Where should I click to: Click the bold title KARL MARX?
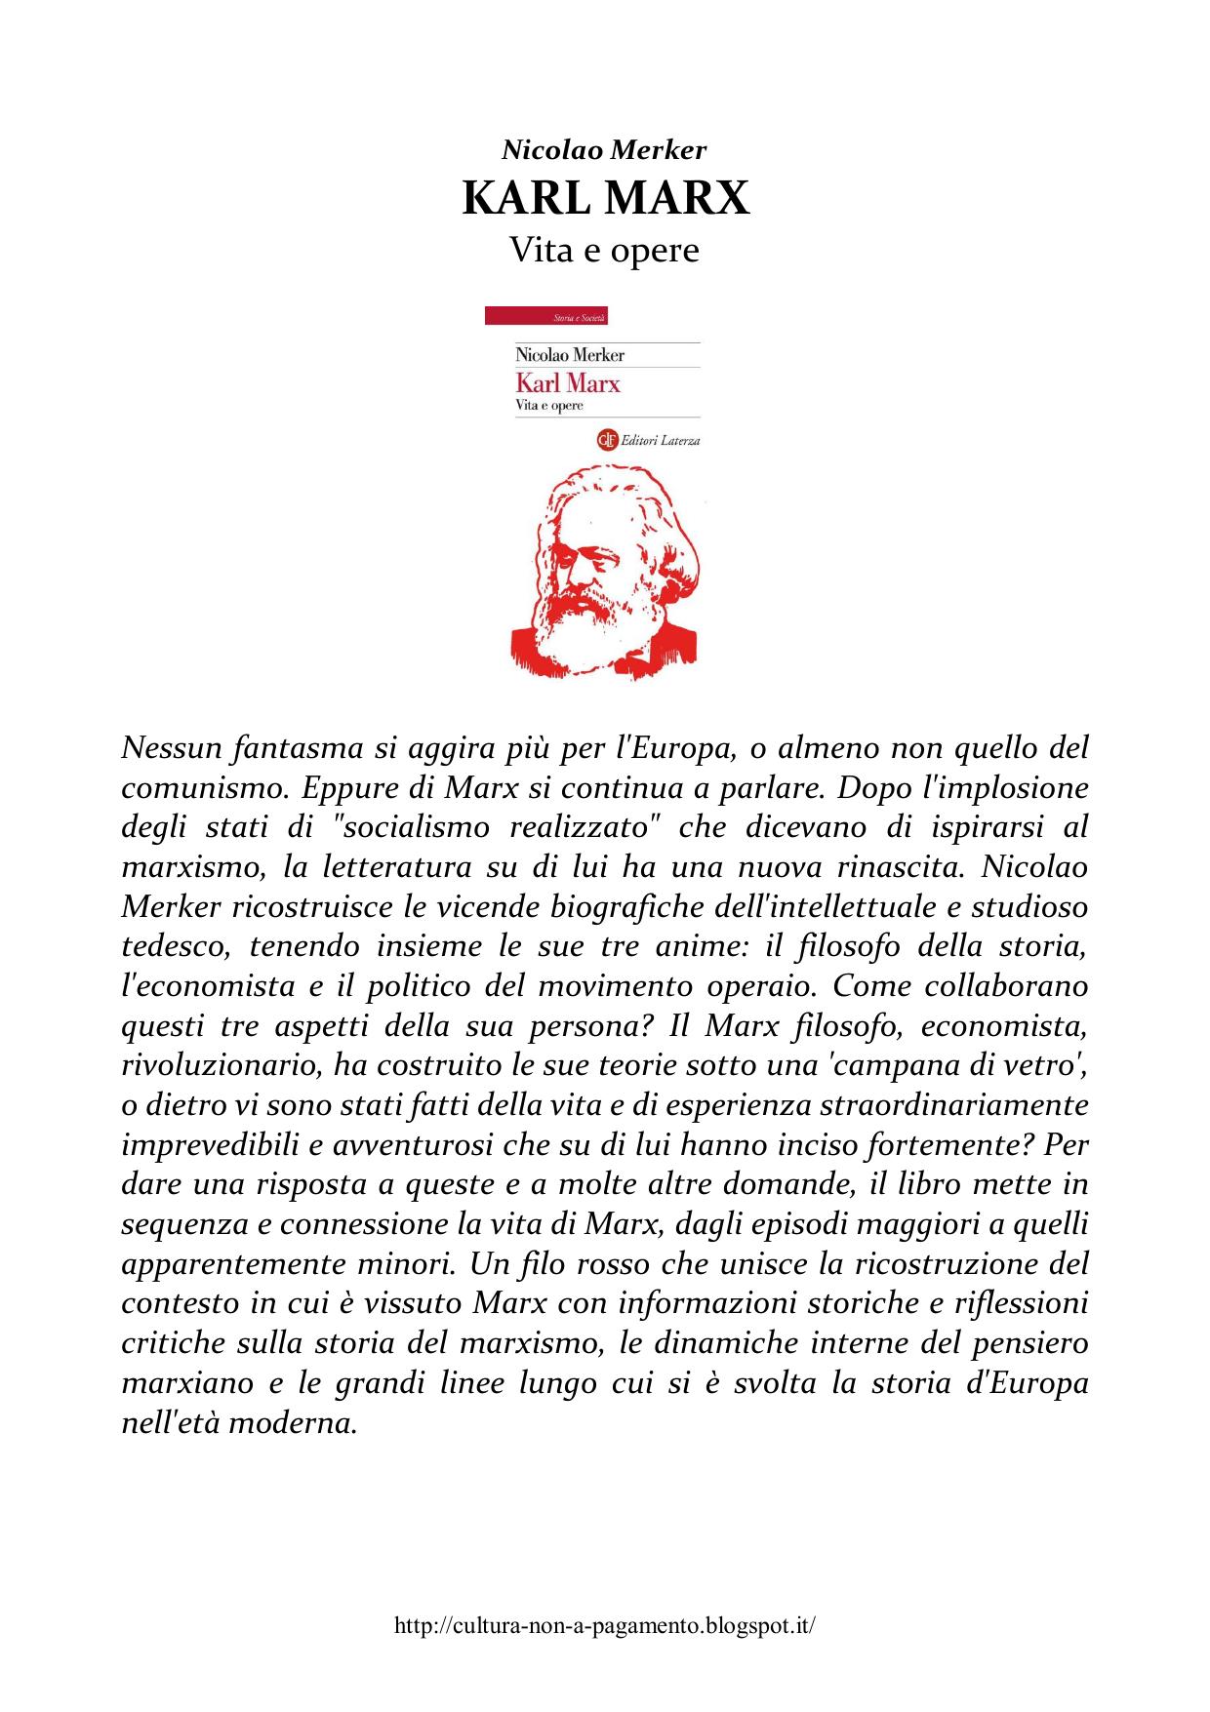click(605, 199)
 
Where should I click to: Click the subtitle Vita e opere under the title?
click(605, 251)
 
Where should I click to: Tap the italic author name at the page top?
click(604, 150)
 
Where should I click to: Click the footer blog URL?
click(604, 1625)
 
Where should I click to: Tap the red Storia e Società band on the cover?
click(545, 317)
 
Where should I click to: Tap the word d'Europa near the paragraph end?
click(1033, 1383)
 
